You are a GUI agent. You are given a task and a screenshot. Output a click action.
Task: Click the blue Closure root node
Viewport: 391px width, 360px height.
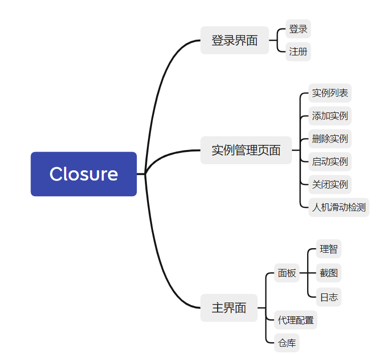(x=83, y=174)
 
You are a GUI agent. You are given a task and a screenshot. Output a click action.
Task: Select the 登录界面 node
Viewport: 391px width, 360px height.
(x=234, y=40)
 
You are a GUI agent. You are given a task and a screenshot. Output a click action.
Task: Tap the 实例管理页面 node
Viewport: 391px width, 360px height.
(x=246, y=150)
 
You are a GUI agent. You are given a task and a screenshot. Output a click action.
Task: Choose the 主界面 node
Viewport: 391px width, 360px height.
(x=229, y=308)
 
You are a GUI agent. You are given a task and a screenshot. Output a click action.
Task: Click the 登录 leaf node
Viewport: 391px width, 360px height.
(x=298, y=29)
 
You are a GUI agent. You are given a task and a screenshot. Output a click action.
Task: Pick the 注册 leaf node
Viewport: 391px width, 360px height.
(x=298, y=51)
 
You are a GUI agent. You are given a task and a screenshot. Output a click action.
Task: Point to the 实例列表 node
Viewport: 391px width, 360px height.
(x=329, y=93)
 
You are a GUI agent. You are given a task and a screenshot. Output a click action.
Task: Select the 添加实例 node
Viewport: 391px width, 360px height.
(x=329, y=116)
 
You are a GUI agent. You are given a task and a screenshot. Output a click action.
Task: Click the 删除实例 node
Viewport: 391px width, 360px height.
(x=329, y=139)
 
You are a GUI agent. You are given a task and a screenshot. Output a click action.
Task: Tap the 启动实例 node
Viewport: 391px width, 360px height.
(x=329, y=162)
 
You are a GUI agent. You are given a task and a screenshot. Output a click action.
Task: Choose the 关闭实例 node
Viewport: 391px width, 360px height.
(x=329, y=184)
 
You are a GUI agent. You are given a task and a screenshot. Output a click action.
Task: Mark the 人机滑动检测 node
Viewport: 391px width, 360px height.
(x=339, y=207)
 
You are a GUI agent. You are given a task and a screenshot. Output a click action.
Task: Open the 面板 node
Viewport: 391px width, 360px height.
(x=287, y=273)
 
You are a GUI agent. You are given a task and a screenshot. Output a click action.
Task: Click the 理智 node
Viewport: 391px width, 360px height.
(x=328, y=249)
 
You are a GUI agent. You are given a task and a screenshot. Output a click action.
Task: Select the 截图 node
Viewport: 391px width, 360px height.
(x=328, y=273)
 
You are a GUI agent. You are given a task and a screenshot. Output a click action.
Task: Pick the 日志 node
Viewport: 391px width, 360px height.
(x=328, y=297)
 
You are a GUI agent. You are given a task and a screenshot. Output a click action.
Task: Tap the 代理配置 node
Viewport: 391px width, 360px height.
(x=295, y=320)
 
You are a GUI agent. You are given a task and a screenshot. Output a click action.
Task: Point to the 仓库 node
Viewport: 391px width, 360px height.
(x=287, y=343)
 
